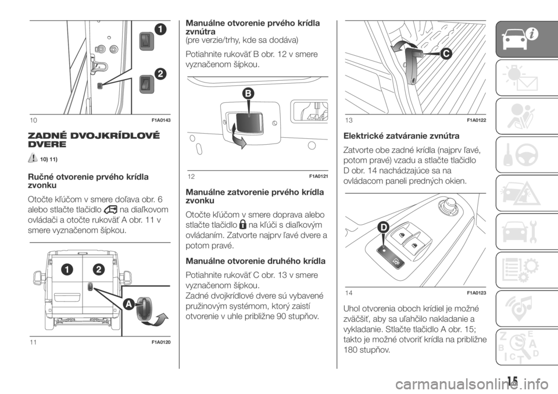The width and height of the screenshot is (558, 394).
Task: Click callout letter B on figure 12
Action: (248, 94)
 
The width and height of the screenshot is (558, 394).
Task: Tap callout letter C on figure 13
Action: (445, 53)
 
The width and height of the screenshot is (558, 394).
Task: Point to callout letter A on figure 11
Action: (129, 305)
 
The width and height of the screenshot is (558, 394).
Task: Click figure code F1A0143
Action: (161, 120)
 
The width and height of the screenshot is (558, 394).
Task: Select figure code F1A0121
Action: (319, 176)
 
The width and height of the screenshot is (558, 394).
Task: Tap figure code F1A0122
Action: (476, 120)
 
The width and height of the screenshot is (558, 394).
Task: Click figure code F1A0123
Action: (476, 293)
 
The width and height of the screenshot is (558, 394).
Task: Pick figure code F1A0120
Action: (161, 342)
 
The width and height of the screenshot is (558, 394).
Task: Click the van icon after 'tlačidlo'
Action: (110, 210)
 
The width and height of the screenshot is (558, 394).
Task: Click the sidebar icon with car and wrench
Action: (520, 231)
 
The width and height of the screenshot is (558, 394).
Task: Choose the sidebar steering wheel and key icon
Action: (520, 155)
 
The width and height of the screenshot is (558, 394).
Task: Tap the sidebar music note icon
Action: (520, 308)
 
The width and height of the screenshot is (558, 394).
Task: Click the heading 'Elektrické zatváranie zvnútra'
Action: (402, 136)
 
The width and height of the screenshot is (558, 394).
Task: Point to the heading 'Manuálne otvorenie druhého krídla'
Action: (256, 262)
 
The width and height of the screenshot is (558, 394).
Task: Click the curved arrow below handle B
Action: (238, 137)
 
